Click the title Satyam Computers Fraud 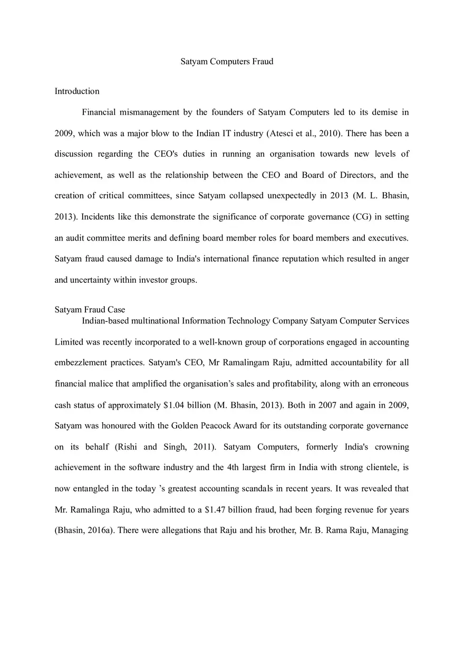pos(227,62)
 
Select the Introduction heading pos(77,91)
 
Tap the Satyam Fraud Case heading pos(90,310)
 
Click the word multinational pos(155,321)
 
